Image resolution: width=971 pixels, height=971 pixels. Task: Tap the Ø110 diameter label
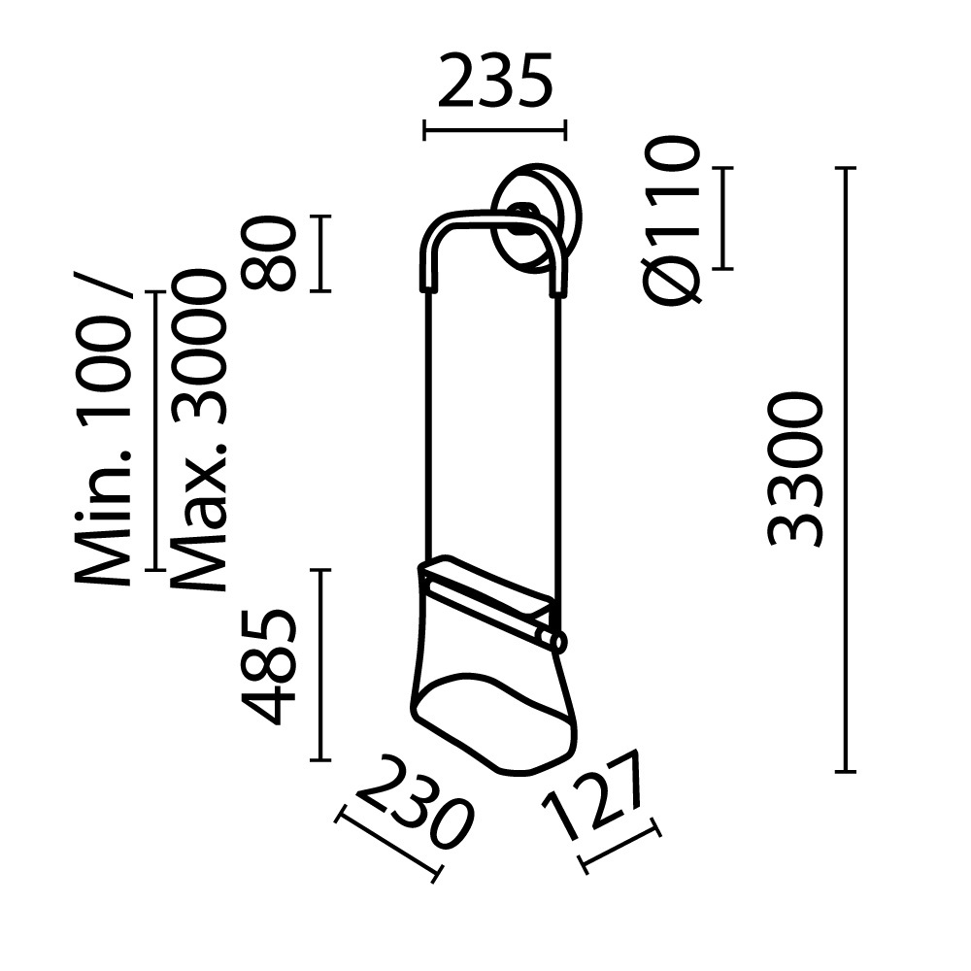click(x=671, y=220)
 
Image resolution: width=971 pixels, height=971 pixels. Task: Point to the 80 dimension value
click(x=268, y=253)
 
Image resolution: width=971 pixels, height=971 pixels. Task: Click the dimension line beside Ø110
click(x=721, y=218)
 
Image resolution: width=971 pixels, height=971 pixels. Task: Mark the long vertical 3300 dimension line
click(x=846, y=470)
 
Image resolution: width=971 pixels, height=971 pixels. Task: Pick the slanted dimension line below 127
click(x=619, y=846)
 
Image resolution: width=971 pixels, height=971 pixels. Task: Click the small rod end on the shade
click(x=556, y=639)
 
